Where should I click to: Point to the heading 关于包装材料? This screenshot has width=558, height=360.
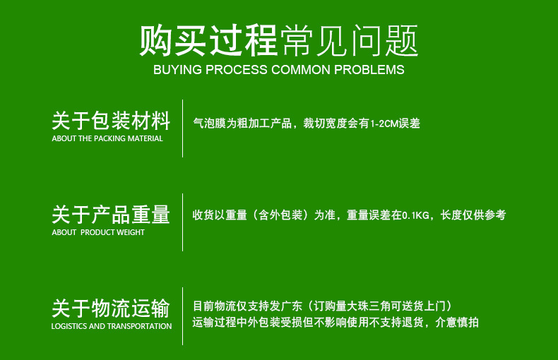[x=111, y=120]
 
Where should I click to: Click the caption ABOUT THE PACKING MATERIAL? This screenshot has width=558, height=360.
[x=107, y=139]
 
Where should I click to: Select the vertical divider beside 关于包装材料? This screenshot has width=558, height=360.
[x=183, y=128]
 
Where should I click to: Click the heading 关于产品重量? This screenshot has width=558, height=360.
[x=111, y=214]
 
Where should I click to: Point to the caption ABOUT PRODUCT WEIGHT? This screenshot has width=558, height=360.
[x=98, y=233]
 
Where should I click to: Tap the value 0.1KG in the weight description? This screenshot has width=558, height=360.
[x=416, y=215]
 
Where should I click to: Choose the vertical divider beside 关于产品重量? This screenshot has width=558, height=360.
[x=183, y=222]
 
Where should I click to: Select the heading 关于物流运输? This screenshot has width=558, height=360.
[x=111, y=308]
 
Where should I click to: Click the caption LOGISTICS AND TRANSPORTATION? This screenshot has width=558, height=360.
[x=112, y=327]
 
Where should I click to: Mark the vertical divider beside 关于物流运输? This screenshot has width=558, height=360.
[x=183, y=316]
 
